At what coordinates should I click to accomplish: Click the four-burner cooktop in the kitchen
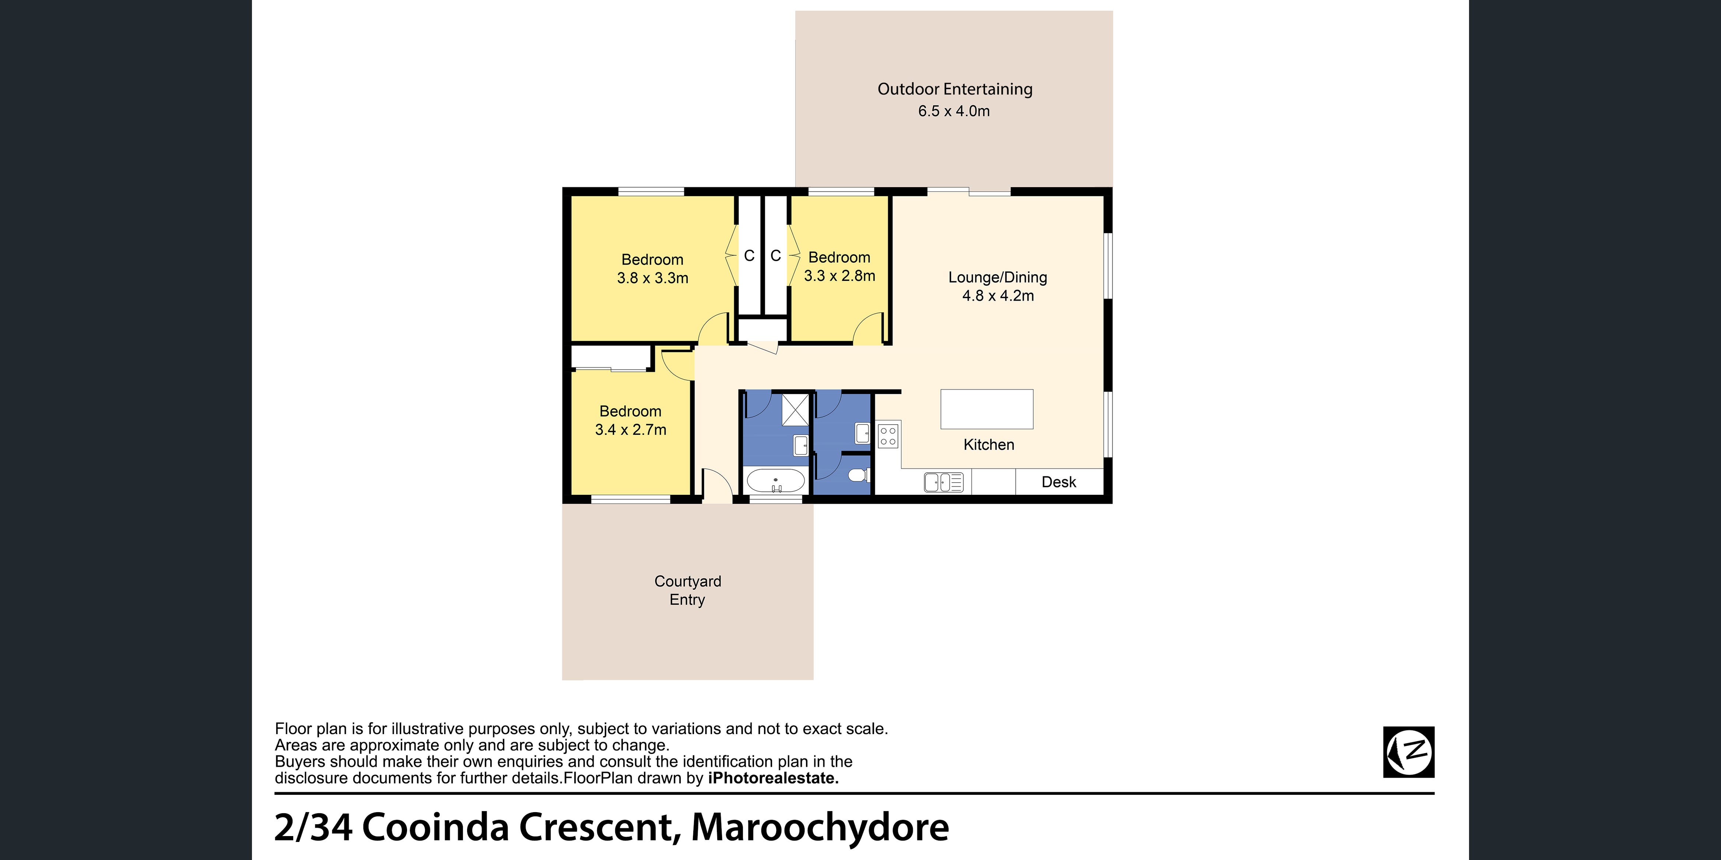(x=888, y=436)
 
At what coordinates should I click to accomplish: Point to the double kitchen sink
(x=943, y=482)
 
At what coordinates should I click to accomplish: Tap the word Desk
(x=1059, y=482)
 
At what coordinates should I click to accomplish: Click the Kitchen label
(x=989, y=445)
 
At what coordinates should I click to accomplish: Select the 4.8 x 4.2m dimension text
(x=998, y=296)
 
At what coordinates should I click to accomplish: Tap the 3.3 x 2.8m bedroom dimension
(x=840, y=276)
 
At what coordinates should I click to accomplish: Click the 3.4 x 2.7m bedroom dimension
(x=631, y=430)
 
